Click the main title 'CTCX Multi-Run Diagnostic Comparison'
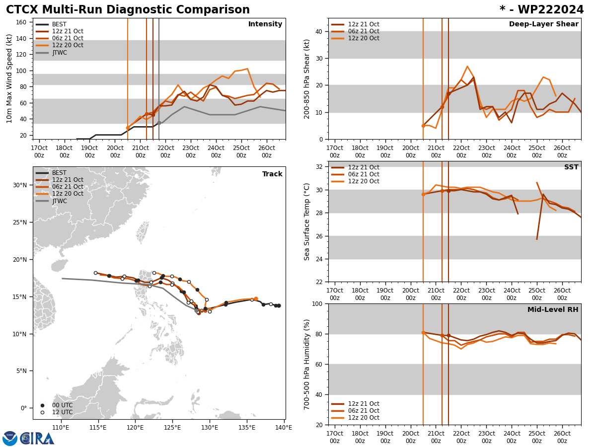point(128,10)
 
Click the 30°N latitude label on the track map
point(19,185)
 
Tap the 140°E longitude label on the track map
point(284,427)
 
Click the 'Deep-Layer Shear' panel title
point(543,24)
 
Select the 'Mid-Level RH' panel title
point(553,310)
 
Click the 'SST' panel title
point(571,167)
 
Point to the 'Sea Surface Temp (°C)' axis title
point(307,222)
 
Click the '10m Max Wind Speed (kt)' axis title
point(9,78)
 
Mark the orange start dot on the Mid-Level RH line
point(423,332)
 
